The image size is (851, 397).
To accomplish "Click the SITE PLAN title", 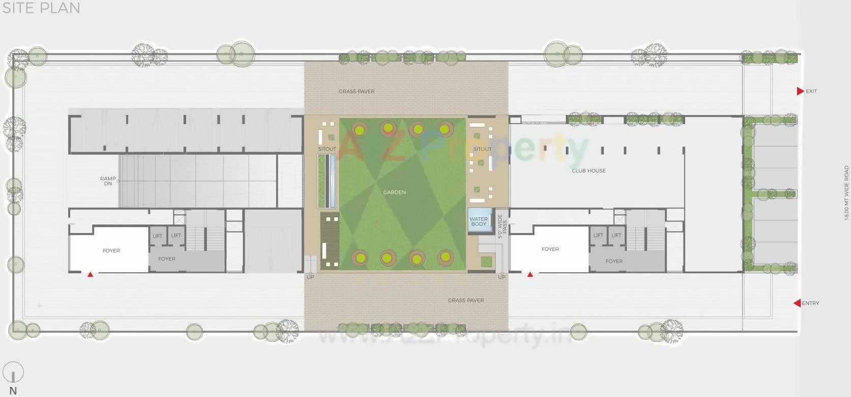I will coord(41,8).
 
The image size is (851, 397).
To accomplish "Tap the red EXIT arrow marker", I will coord(800,91).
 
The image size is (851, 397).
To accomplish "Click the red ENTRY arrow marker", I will coord(797,303).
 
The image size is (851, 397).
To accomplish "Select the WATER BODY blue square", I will coord(479,221).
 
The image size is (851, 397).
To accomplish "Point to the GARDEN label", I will coord(394,192).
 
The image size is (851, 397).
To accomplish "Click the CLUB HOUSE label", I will coord(589,171).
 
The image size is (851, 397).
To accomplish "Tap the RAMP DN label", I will coord(108,181).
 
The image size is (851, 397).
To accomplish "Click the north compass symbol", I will coord(13,373).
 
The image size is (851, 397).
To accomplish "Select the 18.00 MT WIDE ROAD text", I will coord(846,192).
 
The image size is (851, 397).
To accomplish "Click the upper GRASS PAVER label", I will coord(356,92).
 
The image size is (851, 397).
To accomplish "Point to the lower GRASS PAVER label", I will coord(466,300).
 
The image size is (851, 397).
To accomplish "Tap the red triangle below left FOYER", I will coord(90,275).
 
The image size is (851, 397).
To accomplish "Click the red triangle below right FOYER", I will coord(530,275).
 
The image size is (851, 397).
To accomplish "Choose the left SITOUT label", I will coord(327,149).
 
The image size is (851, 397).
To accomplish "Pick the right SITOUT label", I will coord(482,149).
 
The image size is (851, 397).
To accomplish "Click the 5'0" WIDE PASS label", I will coord(502,226).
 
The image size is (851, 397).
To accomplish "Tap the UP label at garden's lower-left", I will coord(310,277).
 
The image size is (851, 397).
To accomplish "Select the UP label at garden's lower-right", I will coord(502,277).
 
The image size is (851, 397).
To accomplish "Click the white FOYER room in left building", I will coord(111,250).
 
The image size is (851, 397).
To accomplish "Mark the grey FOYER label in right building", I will coord(614,261).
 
